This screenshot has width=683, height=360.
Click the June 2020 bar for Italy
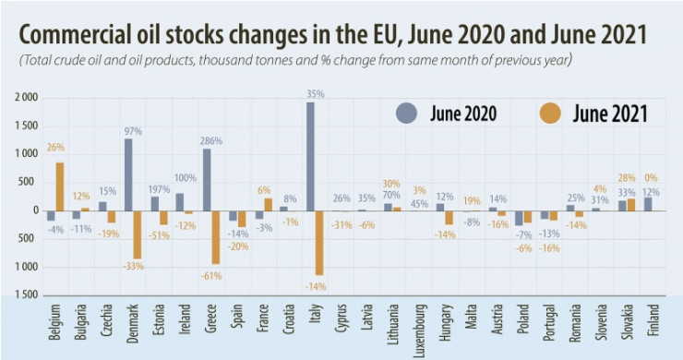pyautogui.click(x=310, y=156)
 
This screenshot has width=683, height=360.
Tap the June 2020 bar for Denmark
pyautogui.click(x=128, y=174)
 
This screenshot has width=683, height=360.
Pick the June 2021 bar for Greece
pyautogui.click(x=215, y=237)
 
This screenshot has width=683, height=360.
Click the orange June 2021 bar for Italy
pyautogui.click(x=319, y=243)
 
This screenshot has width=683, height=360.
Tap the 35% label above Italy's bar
pyautogui.click(x=315, y=93)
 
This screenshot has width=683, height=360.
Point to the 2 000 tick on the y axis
pyautogui.click(x=24, y=97)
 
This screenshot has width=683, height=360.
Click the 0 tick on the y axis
pyautogui.click(x=32, y=210)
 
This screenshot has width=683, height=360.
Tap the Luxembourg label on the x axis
pyautogui.click(x=420, y=328)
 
